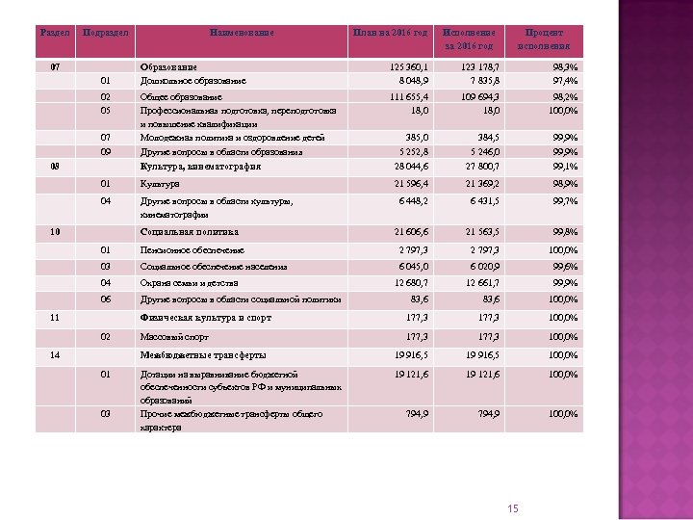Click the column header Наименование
[242, 33]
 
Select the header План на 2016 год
[391, 33]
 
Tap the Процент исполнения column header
[543, 39]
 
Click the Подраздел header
[105, 33]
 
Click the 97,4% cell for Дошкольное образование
[564, 81]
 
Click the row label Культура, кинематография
[200, 166]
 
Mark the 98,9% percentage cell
[564, 183]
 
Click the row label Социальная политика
[189, 232]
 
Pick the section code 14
[55, 354]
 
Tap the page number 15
[512, 508]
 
